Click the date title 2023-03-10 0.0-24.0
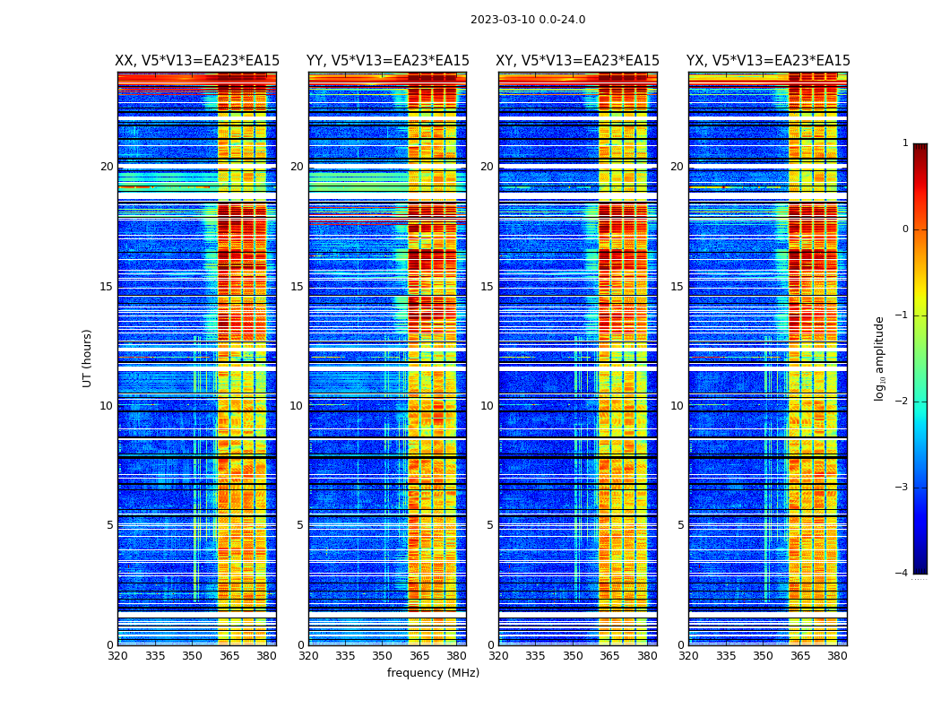528,20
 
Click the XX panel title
197,61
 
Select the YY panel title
387,61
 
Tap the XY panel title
577,61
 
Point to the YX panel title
768,61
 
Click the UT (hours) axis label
87,358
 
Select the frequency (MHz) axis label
433,673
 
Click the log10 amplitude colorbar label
880,358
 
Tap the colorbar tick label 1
905,143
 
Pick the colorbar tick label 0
905,229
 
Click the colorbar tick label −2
903,402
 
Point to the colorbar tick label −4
903,574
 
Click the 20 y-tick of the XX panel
107,167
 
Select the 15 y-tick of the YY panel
297,287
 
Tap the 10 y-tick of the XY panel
487,406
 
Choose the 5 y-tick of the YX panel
680,525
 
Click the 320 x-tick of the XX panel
118,656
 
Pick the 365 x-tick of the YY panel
419,656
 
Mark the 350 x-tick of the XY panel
573,656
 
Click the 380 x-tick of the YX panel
837,656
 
